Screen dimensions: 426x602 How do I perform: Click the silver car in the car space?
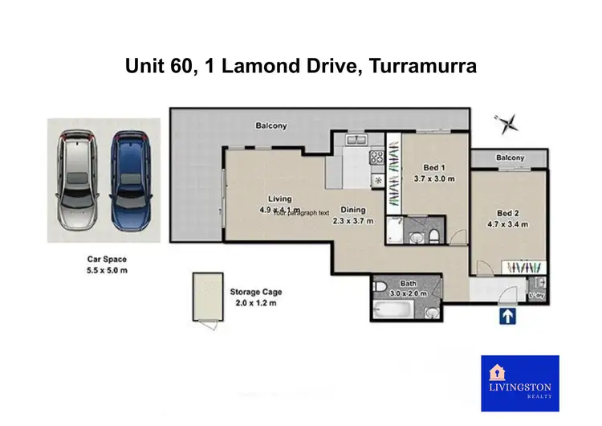75,178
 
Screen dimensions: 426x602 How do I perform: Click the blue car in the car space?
130,178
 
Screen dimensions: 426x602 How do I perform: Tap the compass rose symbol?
506,124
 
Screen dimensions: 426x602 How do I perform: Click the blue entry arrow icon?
507,317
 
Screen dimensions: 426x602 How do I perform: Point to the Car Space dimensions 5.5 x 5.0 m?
107,271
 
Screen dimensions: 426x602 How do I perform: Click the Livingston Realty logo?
519,383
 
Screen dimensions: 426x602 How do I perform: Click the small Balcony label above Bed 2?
510,158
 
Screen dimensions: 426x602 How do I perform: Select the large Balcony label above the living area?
271,126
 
